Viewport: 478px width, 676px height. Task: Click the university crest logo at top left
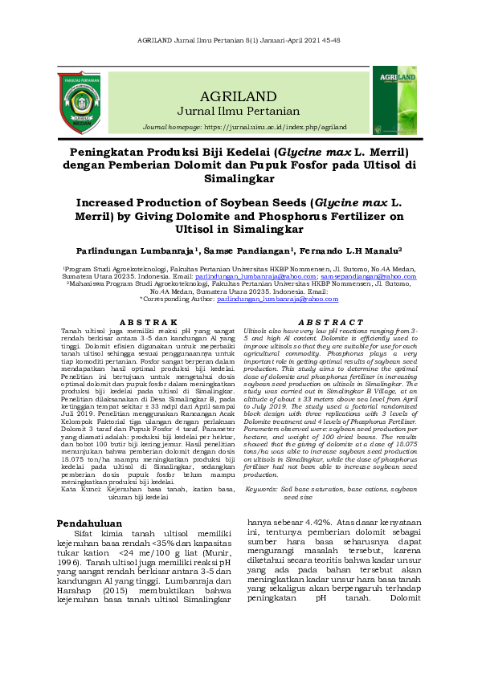[79, 103]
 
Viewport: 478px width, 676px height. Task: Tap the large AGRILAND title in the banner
[239, 96]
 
